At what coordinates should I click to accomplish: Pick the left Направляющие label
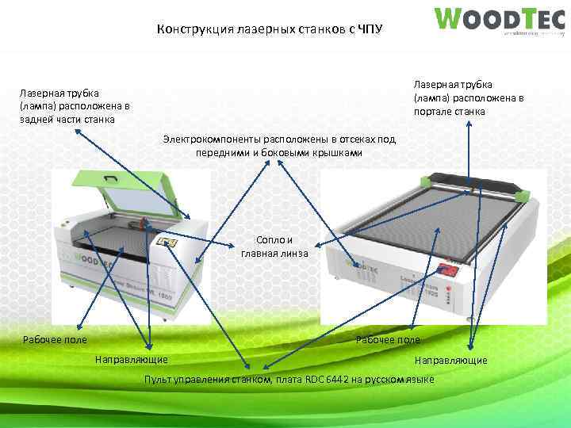(131, 360)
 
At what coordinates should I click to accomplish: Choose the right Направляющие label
(450, 361)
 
